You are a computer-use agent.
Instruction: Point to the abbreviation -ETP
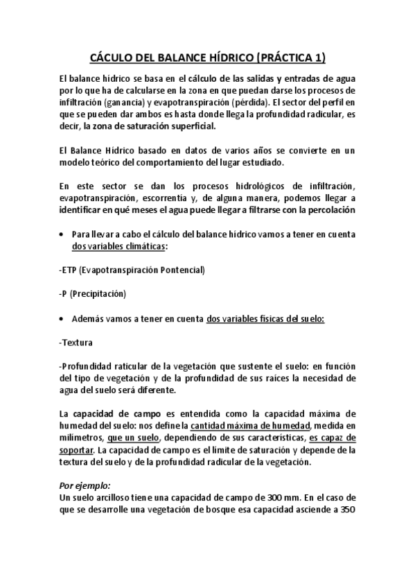(69, 270)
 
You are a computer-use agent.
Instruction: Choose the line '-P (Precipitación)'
(92, 294)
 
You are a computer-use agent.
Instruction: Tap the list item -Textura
(76, 343)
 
